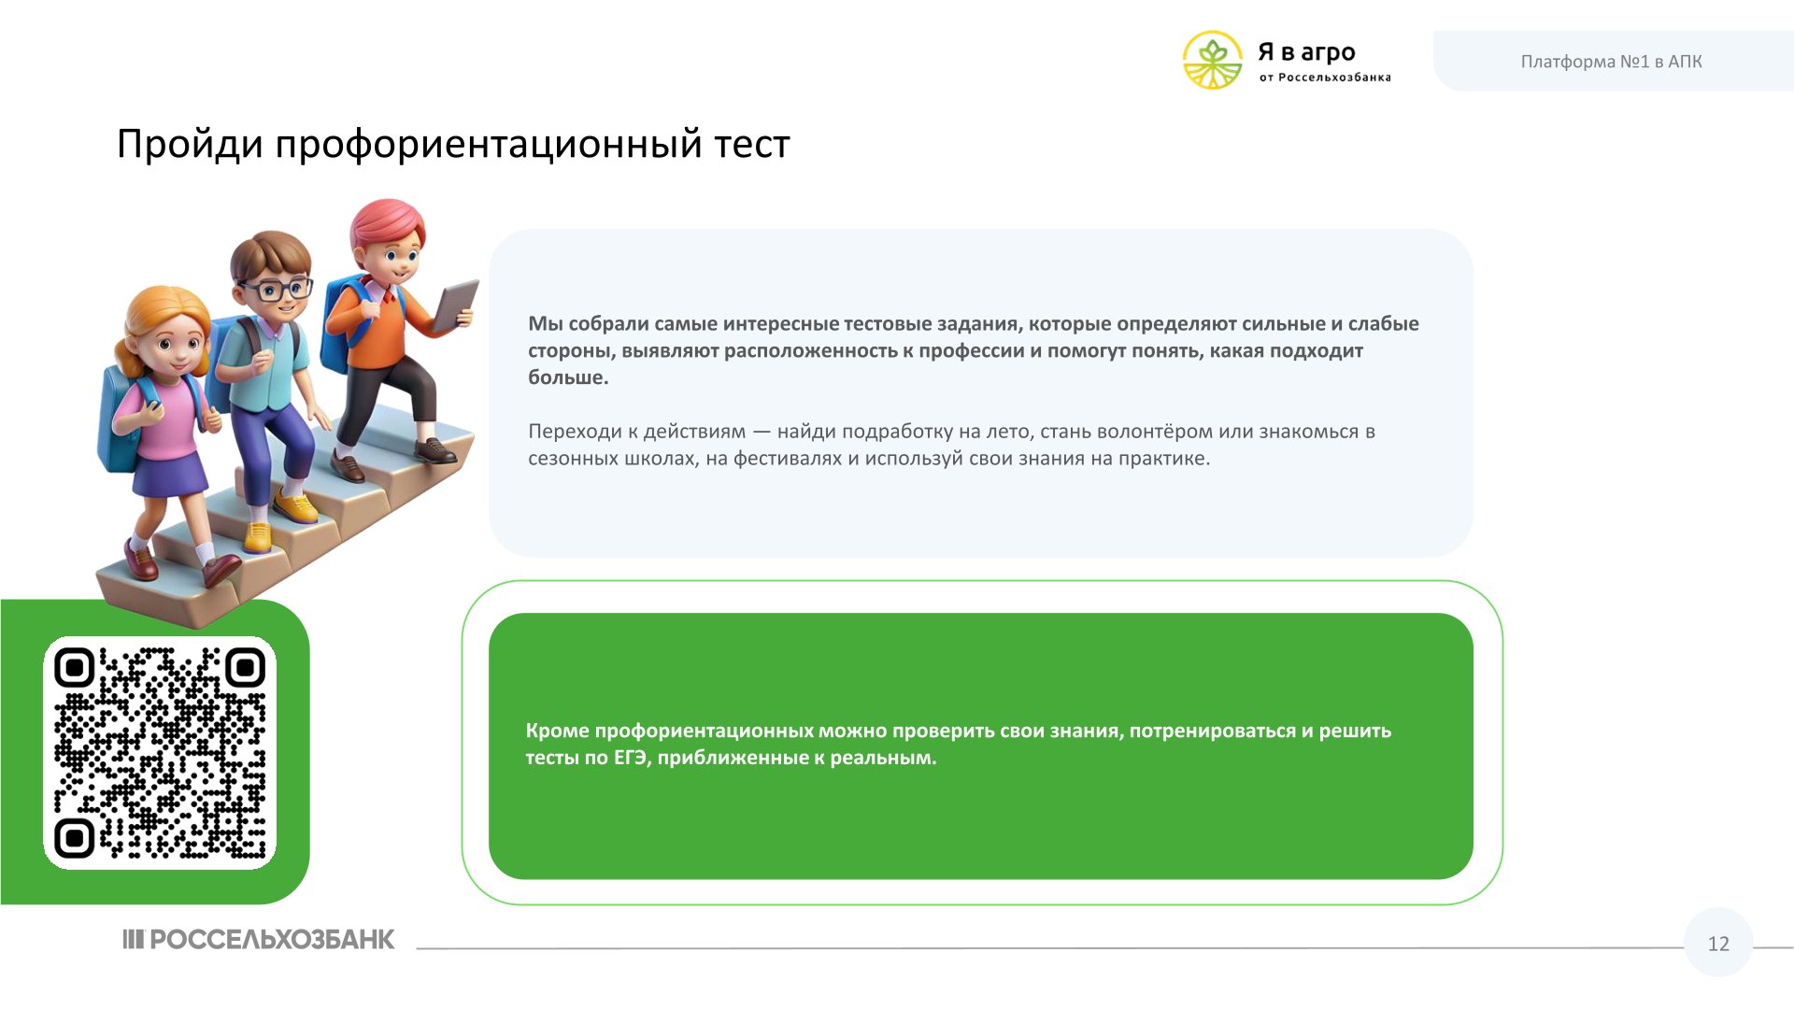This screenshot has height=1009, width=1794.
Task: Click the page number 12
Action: tap(1718, 944)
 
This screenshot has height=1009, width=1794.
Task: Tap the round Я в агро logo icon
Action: tap(1213, 61)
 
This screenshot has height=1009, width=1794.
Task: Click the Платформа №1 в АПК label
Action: tap(1611, 62)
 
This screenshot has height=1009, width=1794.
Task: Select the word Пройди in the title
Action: tap(190, 145)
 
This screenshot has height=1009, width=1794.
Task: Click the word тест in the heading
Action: tap(752, 146)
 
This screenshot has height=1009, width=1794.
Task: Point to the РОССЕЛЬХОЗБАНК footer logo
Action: tap(259, 939)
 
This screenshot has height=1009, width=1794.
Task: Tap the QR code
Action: tap(160, 753)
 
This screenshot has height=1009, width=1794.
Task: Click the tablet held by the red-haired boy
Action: tap(456, 305)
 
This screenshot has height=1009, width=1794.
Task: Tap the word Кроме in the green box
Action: tap(557, 732)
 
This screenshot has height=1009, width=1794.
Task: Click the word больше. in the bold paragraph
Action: tap(568, 378)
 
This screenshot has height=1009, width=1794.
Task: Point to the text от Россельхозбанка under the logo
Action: tap(1325, 78)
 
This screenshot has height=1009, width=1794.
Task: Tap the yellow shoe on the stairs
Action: tap(296, 508)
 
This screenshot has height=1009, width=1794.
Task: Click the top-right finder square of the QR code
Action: tap(246, 667)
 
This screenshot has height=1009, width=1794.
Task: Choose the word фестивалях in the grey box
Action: tap(787, 460)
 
